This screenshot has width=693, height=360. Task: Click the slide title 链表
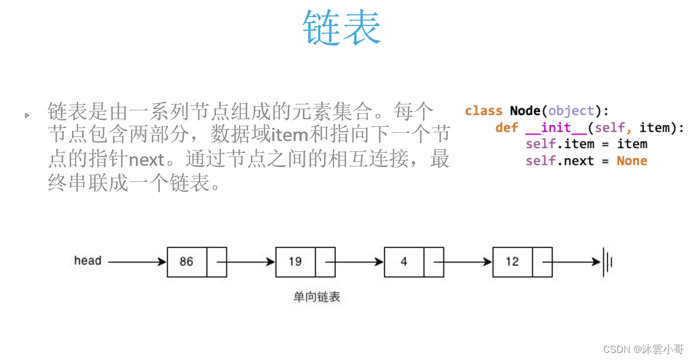pos(342,28)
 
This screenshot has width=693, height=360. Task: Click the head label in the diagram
pos(87,260)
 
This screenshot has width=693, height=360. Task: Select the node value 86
pos(187,261)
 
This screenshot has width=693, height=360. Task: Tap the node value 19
pos(295,261)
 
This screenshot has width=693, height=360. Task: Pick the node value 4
pos(404,261)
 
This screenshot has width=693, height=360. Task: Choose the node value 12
pos(512,261)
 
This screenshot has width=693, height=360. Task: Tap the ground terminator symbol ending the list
pos(607,261)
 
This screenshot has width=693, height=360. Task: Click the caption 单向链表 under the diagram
pos(317,297)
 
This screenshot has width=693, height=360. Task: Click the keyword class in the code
pos(483,111)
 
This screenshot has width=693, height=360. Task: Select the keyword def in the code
pos(506,127)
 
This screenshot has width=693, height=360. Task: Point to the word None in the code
pos(632,161)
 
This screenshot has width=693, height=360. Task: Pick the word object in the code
pos(571,111)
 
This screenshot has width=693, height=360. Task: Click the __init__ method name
pos(557,127)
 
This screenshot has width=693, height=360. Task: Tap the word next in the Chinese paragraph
pos(146,159)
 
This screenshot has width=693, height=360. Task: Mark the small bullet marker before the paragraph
pos(27,115)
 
